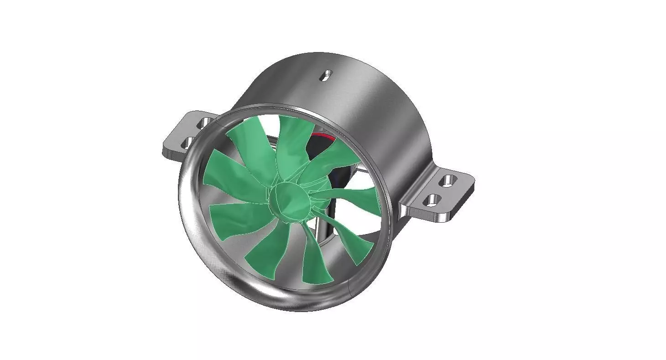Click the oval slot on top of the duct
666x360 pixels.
[326, 75]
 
